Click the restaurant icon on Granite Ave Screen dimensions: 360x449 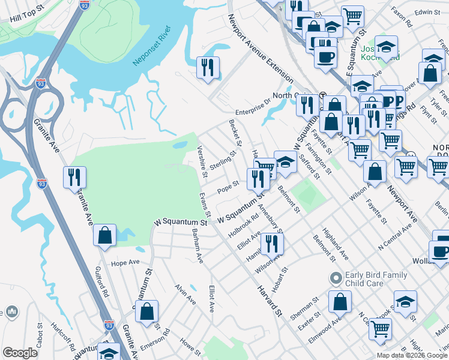75,177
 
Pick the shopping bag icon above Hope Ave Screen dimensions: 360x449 105,235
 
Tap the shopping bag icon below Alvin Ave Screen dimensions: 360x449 146,311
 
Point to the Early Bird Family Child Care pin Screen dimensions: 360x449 336,278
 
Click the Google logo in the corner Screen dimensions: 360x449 20,353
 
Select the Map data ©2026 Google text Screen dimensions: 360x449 412,355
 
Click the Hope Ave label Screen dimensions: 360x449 125,263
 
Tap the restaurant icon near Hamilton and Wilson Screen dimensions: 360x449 272,244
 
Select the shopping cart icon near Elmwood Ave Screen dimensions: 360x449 380,328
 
